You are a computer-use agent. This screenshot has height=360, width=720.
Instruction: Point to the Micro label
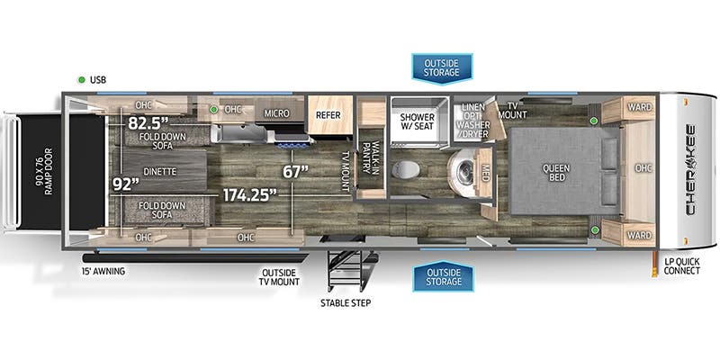pos(275,114)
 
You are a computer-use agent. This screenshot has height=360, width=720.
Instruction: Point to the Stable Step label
pos(346,302)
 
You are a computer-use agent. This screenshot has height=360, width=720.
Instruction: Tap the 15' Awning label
pos(103,271)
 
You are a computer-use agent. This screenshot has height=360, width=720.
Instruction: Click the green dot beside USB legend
pos(82,79)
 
